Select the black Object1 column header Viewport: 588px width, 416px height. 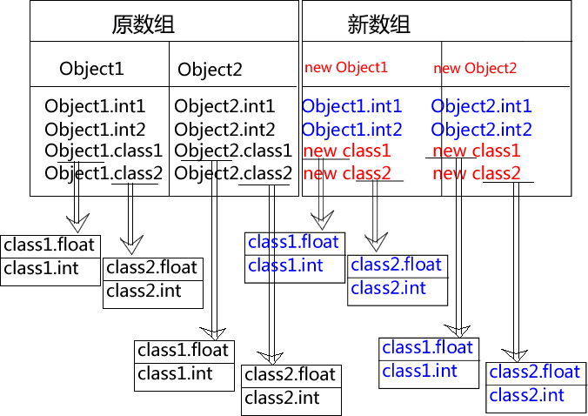tap(92, 69)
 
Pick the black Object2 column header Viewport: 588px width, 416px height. tap(210, 70)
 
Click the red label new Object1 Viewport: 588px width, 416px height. tap(346, 67)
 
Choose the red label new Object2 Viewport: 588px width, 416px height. tap(475, 68)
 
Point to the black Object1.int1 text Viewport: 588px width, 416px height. tap(96, 107)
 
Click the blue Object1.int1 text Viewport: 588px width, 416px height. tap(351, 107)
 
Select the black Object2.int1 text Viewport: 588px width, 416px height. tap(224, 107)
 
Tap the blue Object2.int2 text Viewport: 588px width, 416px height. tap(481, 130)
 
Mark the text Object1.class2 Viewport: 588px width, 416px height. tap(104, 173)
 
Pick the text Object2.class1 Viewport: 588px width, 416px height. tap(233, 151)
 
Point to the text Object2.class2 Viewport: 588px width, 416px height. tap(233, 173)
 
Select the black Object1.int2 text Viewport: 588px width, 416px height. tap(96, 130)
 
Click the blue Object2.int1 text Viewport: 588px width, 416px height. tap(481, 107)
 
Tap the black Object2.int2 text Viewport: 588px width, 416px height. tap(224, 130)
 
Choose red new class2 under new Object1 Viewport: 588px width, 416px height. tap(347, 173)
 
